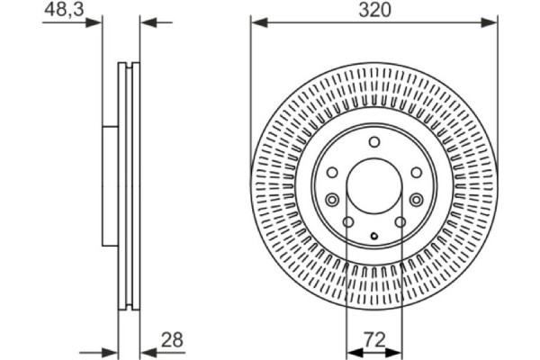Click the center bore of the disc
[373, 184]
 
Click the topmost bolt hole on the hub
[373, 142]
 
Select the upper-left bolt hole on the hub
[332, 173]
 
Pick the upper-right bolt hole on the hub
[415, 173]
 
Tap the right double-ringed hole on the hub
[415, 200]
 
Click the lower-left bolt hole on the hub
[347, 224]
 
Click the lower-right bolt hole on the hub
[400, 224]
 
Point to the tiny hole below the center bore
[373, 236]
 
